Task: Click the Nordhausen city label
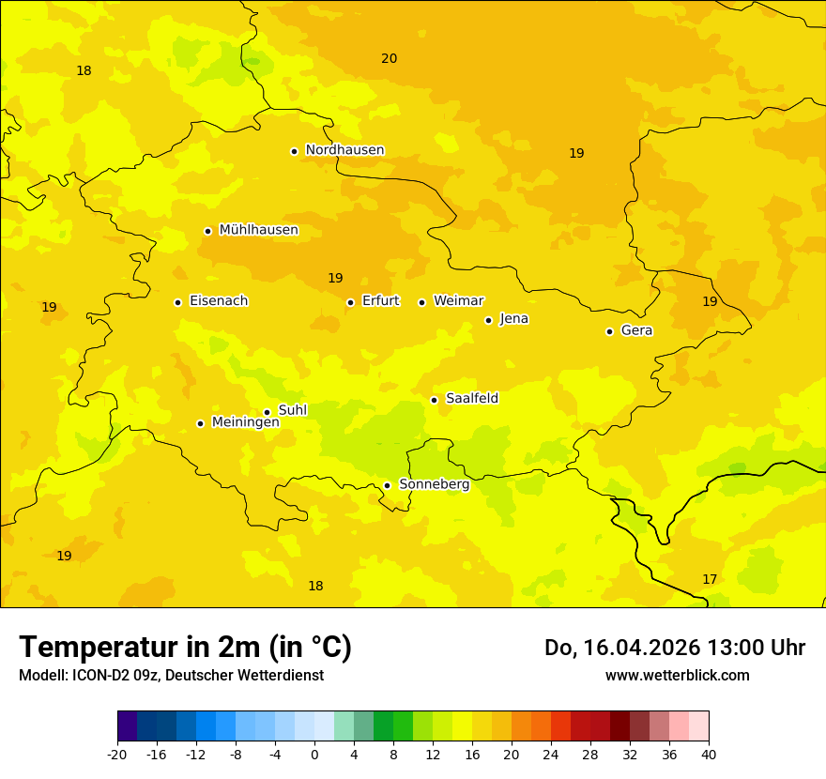coord(344,150)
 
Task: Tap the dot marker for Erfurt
coord(350,302)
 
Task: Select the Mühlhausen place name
coord(258,230)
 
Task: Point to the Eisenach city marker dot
coord(177,302)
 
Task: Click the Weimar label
coord(458,301)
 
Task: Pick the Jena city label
coord(514,319)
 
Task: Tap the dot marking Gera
coord(609,331)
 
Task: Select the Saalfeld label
coord(472,399)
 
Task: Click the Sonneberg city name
coord(434,484)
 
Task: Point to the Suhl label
coord(293,410)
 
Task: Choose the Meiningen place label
coord(245,422)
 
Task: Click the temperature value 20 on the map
coord(389,58)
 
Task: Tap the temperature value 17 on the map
coord(710,579)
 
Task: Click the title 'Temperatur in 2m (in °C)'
coord(185,647)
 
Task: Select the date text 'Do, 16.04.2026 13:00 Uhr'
coord(675,648)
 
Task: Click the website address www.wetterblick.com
coord(677,675)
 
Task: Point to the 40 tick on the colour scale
coord(709,754)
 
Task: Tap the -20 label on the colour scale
coord(117,754)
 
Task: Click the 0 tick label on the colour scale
coord(314,754)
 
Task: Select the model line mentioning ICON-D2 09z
coord(171,675)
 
